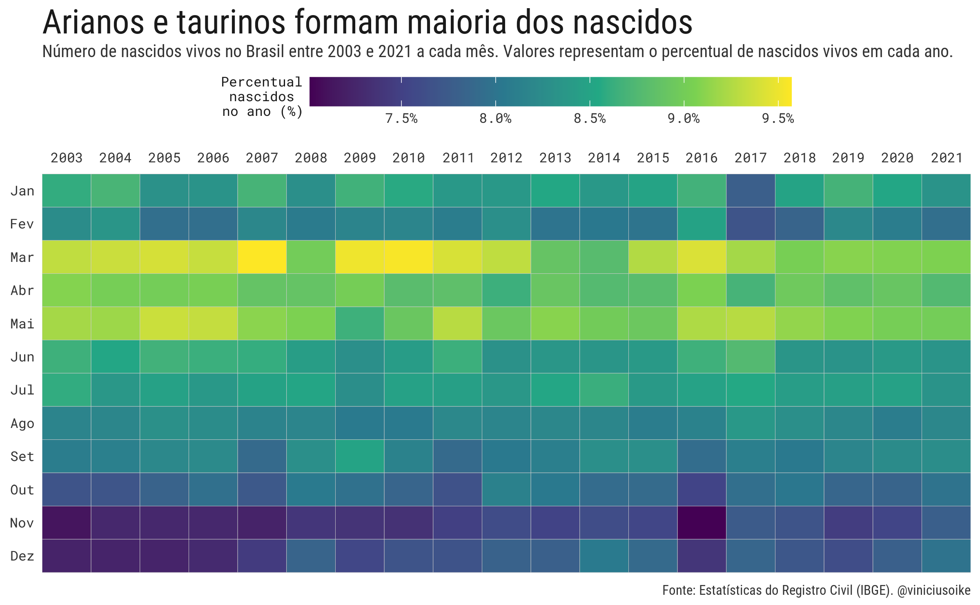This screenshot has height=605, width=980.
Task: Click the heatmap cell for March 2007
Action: [x=262, y=257]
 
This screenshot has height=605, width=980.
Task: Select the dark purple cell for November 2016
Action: [x=702, y=523]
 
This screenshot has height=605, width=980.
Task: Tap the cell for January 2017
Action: [x=751, y=191]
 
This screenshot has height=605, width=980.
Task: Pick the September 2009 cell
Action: [x=359, y=456]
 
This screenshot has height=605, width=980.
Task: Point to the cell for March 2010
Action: [x=408, y=257]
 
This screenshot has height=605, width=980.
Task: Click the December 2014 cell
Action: [x=604, y=556]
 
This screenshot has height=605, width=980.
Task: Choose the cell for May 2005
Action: [x=164, y=323]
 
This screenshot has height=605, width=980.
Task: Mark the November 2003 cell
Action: [x=67, y=523]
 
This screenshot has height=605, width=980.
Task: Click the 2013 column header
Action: [x=555, y=158]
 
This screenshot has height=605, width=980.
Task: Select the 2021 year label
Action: [x=947, y=158]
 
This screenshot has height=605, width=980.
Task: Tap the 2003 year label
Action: [x=67, y=158]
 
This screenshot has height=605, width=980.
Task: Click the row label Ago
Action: [x=22, y=423]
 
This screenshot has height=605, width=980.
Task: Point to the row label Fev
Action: [x=22, y=224]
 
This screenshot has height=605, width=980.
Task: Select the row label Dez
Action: [x=22, y=556]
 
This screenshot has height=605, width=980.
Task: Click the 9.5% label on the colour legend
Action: [x=777, y=119]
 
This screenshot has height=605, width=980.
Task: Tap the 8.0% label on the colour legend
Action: [x=495, y=119]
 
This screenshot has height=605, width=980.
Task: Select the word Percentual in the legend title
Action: [x=261, y=82]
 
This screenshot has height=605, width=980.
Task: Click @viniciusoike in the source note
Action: [x=933, y=590]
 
